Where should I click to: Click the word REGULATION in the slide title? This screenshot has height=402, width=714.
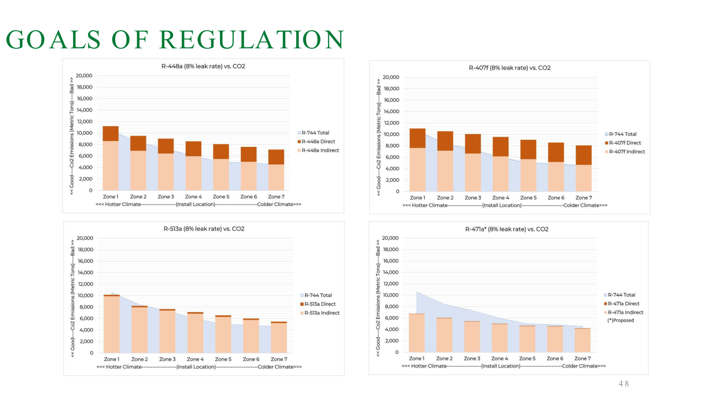click(x=252, y=40)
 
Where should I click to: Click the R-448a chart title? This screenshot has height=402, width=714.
click(x=203, y=67)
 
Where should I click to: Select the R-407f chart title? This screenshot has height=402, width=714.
click(x=510, y=68)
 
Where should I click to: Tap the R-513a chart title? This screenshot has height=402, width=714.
click(x=204, y=229)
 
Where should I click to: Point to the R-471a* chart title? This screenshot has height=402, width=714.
click(x=507, y=229)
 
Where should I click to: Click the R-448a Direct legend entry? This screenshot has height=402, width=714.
click(x=318, y=142)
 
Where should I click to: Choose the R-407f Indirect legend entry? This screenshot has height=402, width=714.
click(x=627, y=152)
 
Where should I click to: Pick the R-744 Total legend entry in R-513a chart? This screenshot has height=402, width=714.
click(x=318, y=295)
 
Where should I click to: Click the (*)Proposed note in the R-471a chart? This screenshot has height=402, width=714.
click(x=620, y=320)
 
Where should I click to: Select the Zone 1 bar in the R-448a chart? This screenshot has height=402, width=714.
click(x=111, y=159)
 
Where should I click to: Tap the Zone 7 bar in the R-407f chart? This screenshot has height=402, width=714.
click(x=584, y=168)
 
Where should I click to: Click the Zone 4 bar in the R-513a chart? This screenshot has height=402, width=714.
click(x=195, y=332)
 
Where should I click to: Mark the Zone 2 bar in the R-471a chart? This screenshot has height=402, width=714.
click(x=444, y=335)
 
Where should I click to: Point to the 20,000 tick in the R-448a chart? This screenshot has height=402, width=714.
click(x=84, y=76)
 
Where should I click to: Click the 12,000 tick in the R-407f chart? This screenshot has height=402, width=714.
click(x=391, y=123)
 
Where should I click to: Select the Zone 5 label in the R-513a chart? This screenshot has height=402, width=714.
click(x=223, y=359)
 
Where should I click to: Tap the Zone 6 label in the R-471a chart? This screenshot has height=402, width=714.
click(x=555, y=359)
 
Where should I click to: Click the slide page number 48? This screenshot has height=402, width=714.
click(x=623, y=384)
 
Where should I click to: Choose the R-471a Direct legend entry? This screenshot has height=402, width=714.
click(x=623, y=304)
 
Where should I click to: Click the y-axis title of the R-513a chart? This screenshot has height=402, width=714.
click(x=73, y=298)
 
